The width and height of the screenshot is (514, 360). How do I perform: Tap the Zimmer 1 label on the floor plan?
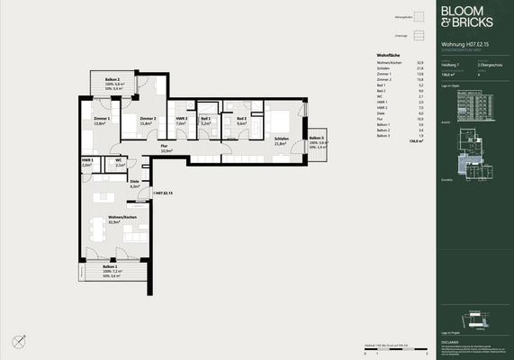point(101,119)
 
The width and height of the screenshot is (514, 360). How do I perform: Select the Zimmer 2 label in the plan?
point(148,119)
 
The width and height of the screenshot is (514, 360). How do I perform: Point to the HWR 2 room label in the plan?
point(181,119)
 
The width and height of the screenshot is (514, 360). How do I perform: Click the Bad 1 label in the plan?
point(206,119)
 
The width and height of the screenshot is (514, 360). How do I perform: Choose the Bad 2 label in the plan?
point(241,119)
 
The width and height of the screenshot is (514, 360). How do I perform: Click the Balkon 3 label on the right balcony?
point(317,138)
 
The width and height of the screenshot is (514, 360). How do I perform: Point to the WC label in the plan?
point(119,162)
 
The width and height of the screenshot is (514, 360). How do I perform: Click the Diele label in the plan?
point(134,183)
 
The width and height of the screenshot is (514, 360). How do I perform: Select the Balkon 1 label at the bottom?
point(110,267)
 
